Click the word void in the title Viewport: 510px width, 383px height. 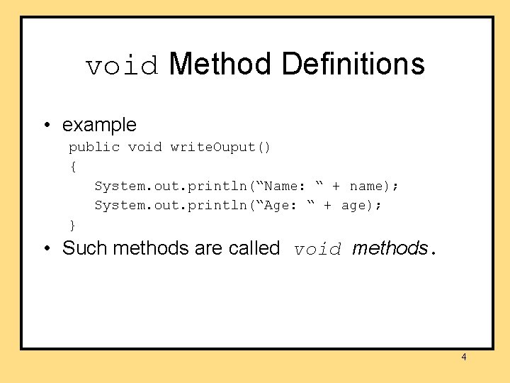(122, 66)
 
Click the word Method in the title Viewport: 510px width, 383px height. (220, 64)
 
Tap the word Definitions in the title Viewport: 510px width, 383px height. (353, 64)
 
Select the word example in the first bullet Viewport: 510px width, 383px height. (99, 126)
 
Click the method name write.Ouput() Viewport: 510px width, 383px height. (220, 148)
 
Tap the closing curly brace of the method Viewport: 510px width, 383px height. (72, 226)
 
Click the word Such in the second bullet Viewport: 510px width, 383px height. (85, 248)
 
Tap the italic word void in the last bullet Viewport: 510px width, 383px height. (318, 250)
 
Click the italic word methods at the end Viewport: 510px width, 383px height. (390, 248)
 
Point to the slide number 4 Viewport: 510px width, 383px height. (464, 357)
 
